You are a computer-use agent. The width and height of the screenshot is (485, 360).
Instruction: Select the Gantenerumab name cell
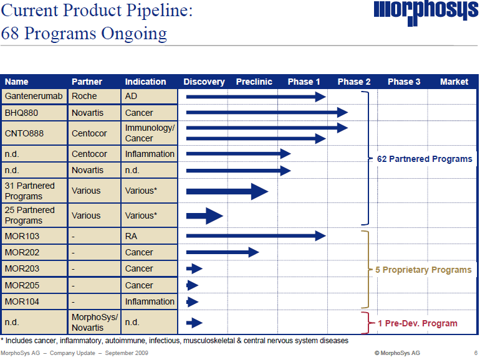click(x=34, y=97)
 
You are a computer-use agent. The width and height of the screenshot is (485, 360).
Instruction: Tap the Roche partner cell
click(x=94, y=97)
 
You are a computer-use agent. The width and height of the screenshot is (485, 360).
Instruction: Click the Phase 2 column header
click(x=353, y=82)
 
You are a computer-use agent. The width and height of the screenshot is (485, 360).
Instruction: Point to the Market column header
click(x=454, y=82)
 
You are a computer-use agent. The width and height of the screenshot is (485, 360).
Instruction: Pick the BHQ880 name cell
click(x=34, y=113)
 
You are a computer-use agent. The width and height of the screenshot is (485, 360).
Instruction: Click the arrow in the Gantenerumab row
click(x=256, y=97)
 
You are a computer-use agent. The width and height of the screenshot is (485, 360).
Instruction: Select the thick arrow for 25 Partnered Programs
click(x=204, y=216)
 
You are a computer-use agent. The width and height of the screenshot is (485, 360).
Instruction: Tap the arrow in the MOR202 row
click(x=223, y=252)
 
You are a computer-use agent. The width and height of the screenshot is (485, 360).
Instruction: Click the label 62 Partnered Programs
click(x=425, y=159)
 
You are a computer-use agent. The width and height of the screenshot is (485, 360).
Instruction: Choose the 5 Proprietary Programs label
click(x=423, y=270)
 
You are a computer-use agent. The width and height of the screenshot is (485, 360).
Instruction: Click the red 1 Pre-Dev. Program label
click(x=417, y=323)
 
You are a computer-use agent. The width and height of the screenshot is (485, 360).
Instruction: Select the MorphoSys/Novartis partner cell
click(x=94, y=323)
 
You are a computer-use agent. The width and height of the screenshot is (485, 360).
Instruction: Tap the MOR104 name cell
click(x=34, y=301)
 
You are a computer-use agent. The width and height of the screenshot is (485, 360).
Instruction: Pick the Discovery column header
click(x=204, y=82)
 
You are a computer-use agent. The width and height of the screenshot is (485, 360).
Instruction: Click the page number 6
click(x=476, y=353)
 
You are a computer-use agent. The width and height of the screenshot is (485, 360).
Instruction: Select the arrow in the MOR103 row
click(x=256, y=236)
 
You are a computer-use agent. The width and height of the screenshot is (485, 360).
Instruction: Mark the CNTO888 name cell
click(x=34, y=133)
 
